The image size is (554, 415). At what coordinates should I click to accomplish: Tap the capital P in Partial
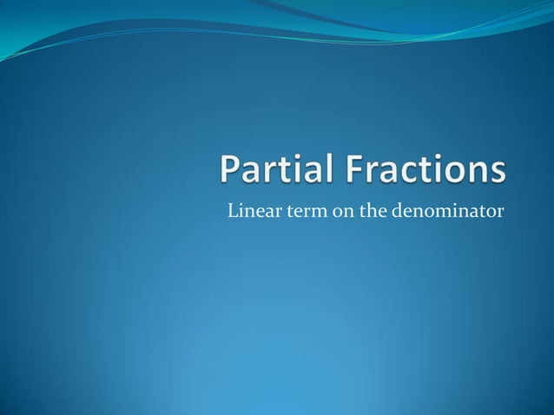(x=229, y=170)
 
